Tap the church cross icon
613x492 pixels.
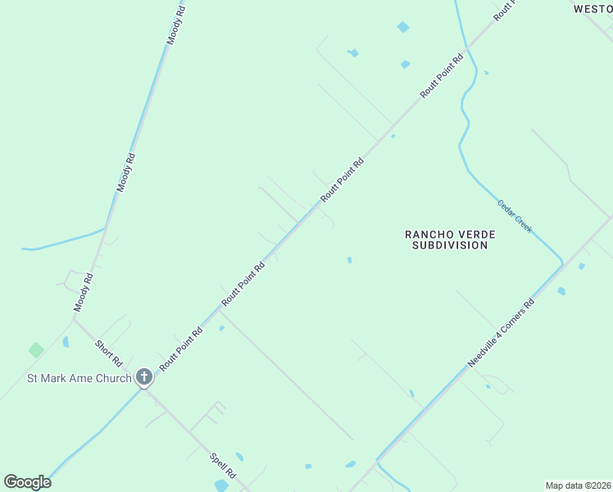(144, 377)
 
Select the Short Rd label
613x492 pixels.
(108, 353)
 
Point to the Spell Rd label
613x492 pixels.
(222, 466)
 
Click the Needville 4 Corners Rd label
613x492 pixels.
(501, 333)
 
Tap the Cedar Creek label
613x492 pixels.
(515, 215)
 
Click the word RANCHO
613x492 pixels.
(426, 235)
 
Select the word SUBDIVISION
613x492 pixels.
(450, 245)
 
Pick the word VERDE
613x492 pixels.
(475, 235)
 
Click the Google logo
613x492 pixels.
(27, 482)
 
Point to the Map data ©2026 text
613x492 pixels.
(578, 485)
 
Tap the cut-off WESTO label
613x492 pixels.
(592, 8)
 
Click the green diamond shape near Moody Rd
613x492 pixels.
(36, 350)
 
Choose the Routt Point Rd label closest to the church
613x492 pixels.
(181, 350)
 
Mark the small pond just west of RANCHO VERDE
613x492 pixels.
(349, 260)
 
